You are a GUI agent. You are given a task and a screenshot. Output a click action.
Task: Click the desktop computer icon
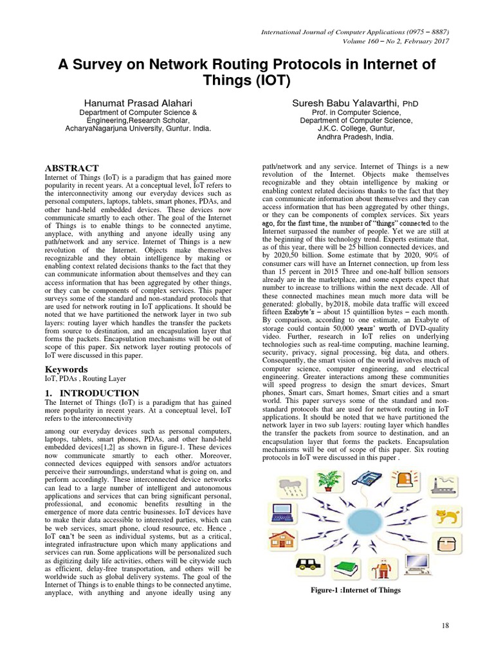[x=419, y=565]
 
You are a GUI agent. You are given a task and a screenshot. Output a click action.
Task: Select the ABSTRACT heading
[x=71, y=168]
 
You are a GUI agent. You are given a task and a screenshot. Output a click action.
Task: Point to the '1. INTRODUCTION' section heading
[x=91, y=393]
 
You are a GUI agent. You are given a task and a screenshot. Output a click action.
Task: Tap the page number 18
[x=444, y=626]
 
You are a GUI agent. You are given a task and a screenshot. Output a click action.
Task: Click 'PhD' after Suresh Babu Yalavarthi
[x=412, y=103]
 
